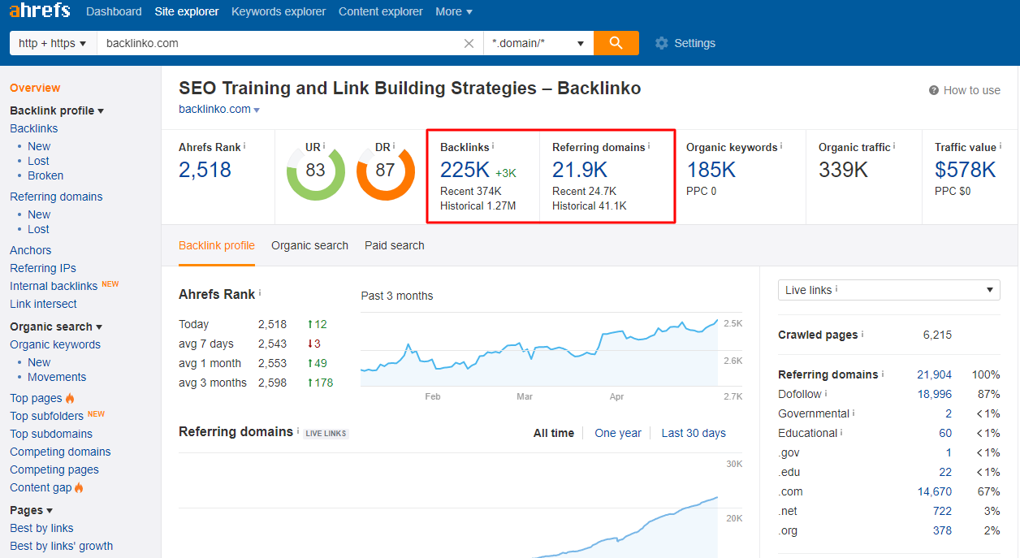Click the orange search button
point(616,43)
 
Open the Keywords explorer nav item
point(279,11)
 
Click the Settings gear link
point(685,43)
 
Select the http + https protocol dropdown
point(53,43)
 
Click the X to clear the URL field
point(469,43)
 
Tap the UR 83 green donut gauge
point(315,171)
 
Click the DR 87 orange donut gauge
point(386,171)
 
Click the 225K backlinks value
point(465,170)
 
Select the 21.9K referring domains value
point(580,170)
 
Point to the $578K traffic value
point(965,170)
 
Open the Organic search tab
point(309,245)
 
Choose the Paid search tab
point(394,245)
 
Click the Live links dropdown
point(888,290)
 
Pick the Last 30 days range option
point(694,433)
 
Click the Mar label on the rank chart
point(525,396)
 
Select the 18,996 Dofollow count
point(934,394)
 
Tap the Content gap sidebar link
point(41,487)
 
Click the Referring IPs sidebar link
point(43,268)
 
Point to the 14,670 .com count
point(934,491)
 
